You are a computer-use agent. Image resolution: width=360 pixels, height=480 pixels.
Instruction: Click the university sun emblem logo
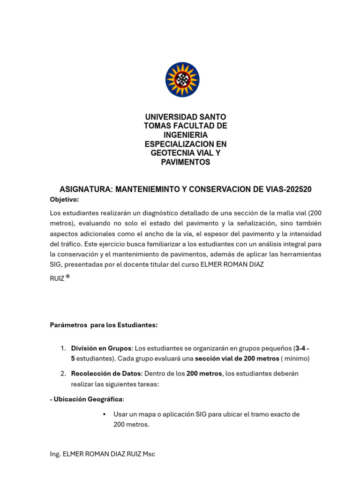[182, 80]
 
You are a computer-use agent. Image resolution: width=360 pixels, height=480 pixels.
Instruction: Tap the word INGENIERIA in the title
[185, 135]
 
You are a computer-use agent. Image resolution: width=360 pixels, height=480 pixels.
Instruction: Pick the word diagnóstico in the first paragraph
[165, 213]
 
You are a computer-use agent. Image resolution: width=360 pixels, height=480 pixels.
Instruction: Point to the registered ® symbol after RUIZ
[68, 276]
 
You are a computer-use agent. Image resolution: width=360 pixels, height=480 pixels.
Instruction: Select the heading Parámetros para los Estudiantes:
[104, 325]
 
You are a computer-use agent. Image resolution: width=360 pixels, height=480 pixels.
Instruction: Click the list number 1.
[63, 348]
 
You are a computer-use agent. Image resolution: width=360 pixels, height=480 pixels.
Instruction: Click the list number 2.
[63, 374]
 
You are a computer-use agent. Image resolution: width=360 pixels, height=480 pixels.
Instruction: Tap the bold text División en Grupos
[101, 348]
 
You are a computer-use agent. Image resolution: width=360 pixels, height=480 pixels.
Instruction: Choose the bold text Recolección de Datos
[106, 374]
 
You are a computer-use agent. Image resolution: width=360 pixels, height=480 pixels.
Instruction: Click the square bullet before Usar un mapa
[103, 414]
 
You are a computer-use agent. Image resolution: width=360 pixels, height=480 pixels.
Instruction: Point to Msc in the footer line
[149, 454]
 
